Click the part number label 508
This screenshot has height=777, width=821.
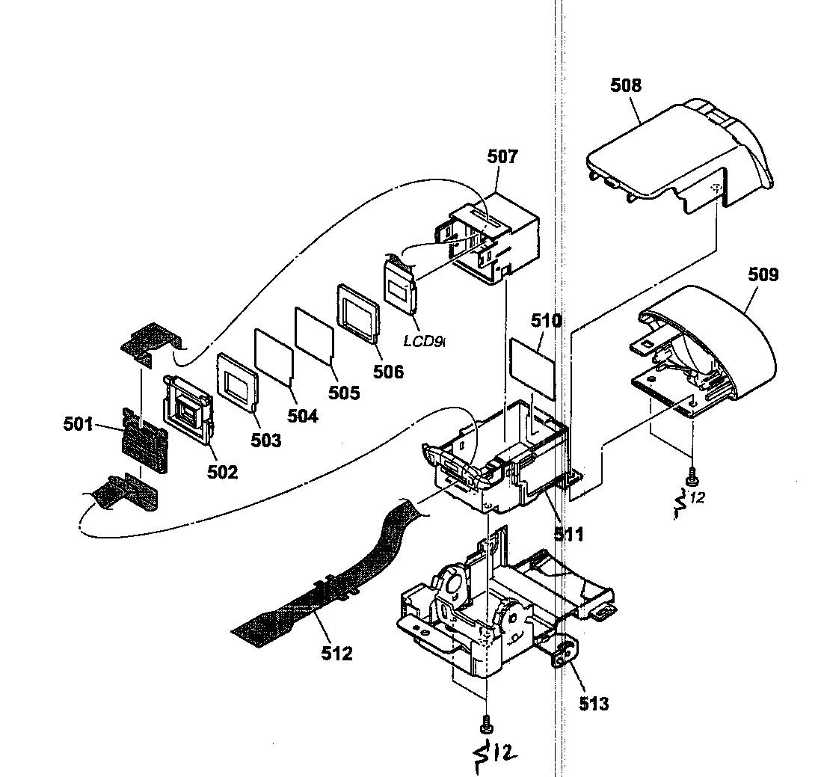[x=626, y=85]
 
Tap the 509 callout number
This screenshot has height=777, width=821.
[x=763, y=275]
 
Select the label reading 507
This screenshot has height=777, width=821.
[x=502, y=157]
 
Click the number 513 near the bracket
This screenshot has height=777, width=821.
[x=593, y=703]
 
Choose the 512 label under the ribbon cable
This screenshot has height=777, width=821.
[x=336, y=653]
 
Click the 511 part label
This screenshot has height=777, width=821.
[x=569, y=534]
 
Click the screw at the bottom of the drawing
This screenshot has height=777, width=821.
[x=487, y=723]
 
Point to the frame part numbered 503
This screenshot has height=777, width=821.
[x=237, y=379]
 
